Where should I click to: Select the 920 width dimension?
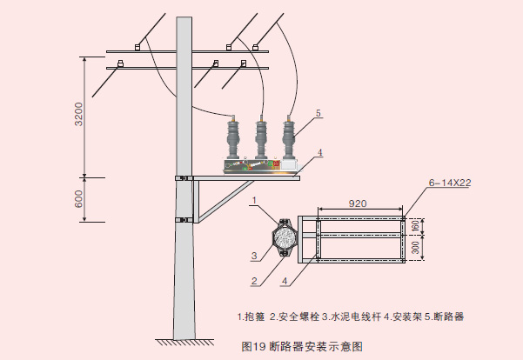357,203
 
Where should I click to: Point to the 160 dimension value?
415,225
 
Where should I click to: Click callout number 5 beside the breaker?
318,113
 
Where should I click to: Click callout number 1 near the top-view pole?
254,200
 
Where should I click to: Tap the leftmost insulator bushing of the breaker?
232,139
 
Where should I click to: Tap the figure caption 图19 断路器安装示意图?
300,345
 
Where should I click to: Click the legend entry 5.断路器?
444,317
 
